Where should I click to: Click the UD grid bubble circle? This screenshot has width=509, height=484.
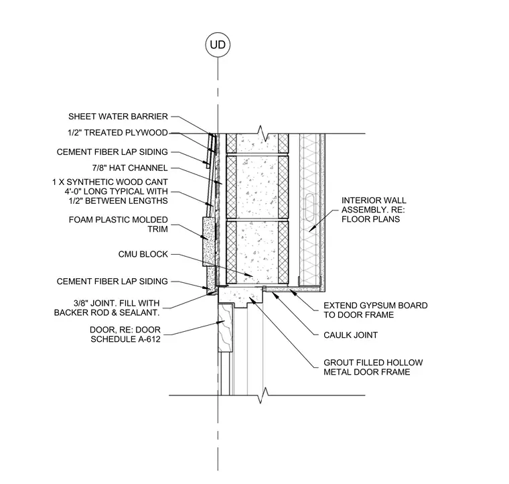[x=218, y=44]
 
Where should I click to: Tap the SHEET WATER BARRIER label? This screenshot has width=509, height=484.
[x=118, y=116]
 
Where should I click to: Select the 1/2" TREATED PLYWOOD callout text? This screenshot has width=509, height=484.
[x=117, y=133]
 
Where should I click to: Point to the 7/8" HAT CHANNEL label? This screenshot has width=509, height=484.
[x=130, y=168]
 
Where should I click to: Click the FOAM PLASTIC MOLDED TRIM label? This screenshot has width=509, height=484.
[x=118, y=225]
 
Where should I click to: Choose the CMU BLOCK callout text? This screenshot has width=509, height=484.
[x=143, y=254]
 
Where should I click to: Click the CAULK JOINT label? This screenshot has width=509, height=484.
[x=350, y=335]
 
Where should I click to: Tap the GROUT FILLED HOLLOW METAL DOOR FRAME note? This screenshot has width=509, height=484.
[x=373, y=367]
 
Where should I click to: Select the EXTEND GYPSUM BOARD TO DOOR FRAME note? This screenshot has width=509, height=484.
[x=376, y=310]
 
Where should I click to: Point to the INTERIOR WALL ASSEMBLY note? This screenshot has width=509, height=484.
[x=374, y=210]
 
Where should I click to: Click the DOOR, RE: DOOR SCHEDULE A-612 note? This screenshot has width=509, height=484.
[x=125, y=335]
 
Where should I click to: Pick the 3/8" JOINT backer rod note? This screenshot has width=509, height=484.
[x=106, y=308]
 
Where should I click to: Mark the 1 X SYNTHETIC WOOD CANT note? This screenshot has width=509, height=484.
[x=110, y=191]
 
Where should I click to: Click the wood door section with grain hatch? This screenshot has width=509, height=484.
[x=225, y=328]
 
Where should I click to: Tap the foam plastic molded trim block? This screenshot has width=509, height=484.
[x=209, y=242]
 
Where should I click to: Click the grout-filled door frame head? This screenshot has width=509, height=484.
[x=240, y=296]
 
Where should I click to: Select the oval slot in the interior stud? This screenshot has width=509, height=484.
[x=309, y=207]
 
